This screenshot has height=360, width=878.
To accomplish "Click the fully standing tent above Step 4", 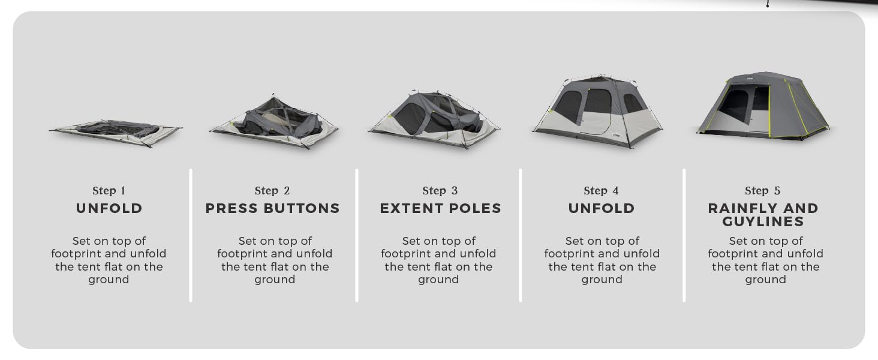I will (598, 112).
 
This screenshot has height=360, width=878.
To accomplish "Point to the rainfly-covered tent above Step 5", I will (763, 107).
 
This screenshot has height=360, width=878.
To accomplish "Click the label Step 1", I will (109, 191).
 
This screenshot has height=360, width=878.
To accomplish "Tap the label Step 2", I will (272, 191).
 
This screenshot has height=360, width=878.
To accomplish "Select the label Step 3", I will (440, 191).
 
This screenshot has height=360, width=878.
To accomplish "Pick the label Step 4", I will (601, 191).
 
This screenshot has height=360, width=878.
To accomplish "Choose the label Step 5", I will (762, 191).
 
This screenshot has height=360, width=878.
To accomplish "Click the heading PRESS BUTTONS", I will (272, 208).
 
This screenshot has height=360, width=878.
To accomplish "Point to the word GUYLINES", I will (762, 221).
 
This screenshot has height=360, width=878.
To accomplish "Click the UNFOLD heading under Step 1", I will (109, 208).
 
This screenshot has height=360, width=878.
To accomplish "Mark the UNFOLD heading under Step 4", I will (601, 208).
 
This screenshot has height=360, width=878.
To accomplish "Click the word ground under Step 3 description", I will (438, 280).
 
